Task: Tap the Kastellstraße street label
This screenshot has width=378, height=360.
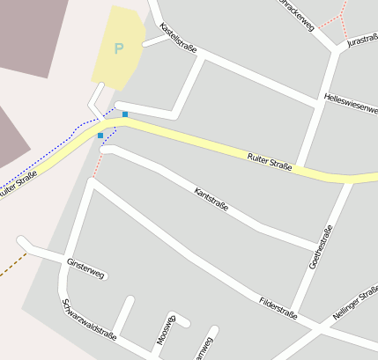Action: tap(179, 38)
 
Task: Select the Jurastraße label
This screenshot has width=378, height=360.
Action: tap(362, 40)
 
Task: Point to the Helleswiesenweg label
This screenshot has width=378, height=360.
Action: tap(350, 103)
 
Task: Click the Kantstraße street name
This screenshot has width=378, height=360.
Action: tap(211, 200)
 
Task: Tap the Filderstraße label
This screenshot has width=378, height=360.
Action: tap(278, 307)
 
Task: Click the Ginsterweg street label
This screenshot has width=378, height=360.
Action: tap(85, 268)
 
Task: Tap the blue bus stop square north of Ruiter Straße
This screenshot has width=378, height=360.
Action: tap(125, 114)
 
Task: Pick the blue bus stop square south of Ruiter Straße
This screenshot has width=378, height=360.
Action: tap(100, 136)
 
